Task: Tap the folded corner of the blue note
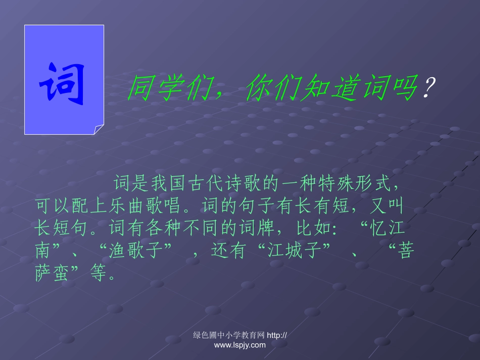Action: point(99,130)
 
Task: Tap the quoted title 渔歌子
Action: point(136,251)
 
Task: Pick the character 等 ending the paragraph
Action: point(98,274)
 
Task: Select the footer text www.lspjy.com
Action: point(239,345)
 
